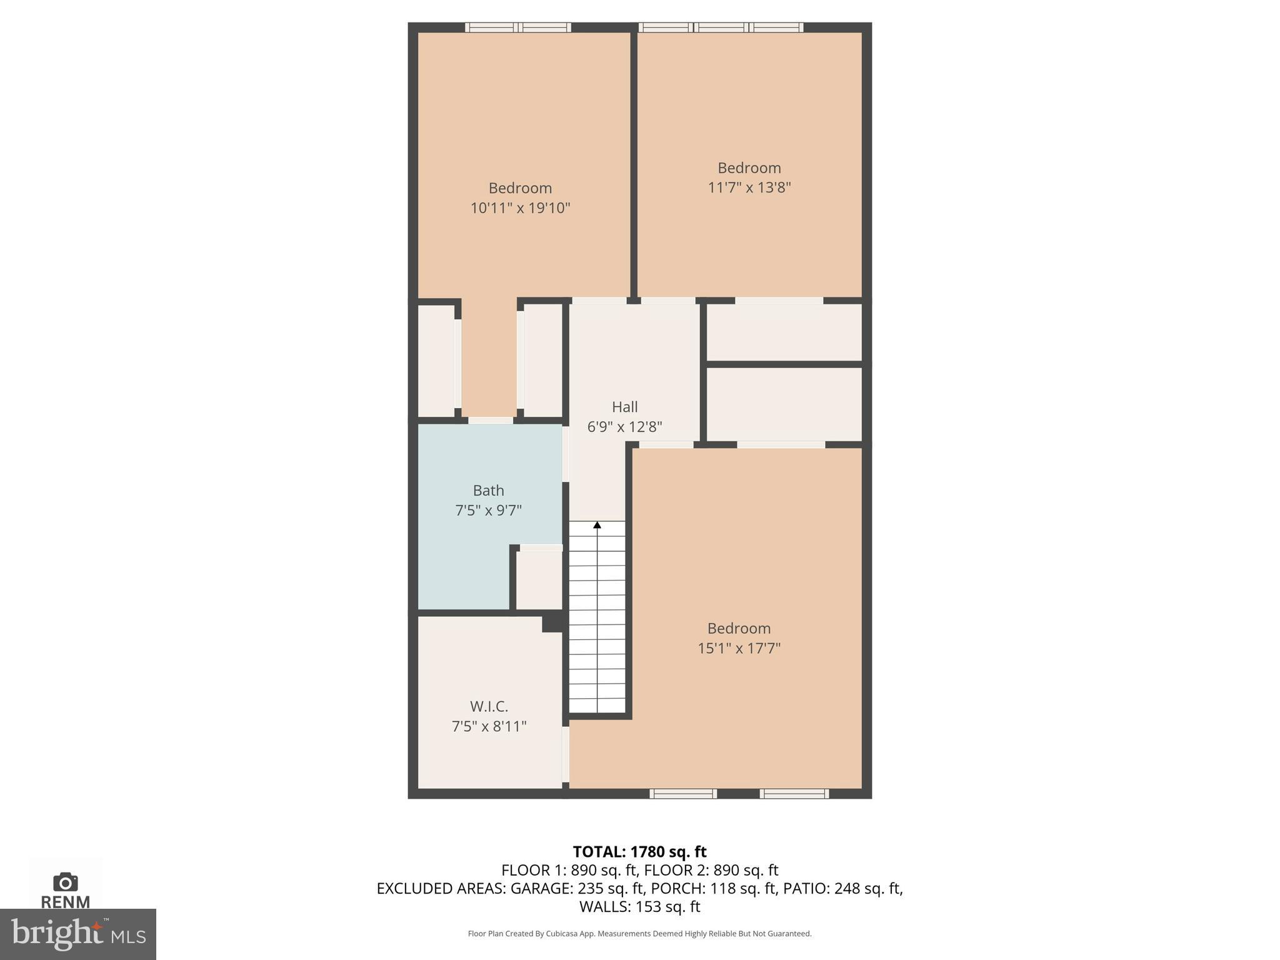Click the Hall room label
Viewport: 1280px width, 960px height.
pyautogui.click(x=624, y=407)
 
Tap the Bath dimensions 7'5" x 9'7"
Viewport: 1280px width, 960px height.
pyautogui.click(x=488, y=511)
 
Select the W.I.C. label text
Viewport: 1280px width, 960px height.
pyautogui.click(x=489, y=706)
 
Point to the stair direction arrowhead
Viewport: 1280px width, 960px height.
pyautogui.click(x=597, y=526)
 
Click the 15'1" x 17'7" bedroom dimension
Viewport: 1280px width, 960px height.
pyautogui.click(x=739, y=648)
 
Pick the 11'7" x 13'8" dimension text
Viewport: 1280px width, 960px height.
pyautogui.click(x=749, y=187)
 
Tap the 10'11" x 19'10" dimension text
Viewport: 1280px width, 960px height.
pyautogui.click(x=520, y=208)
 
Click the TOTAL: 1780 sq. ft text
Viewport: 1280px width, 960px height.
pyautogui.click(x=639, y=852)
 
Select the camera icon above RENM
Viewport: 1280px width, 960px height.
pyautogui.click(x=65, y=882)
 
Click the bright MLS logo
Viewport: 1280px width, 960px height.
pyautogui.click(x=77, y=934)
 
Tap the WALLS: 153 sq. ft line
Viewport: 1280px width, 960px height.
pyautogui.click(x=639, y=906)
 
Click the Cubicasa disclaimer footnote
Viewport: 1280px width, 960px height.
pyautogui.click(x=639, y=934)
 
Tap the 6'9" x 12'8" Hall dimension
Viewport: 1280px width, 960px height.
pyautogui.click(x=624, y=427)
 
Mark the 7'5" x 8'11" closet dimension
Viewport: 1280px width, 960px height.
pyautogui.click(x=489, y=726)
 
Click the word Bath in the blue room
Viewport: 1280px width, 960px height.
pyautogui.click(x=488, y=491)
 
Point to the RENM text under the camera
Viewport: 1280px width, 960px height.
pyautogui.click(x=65, y=902)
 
